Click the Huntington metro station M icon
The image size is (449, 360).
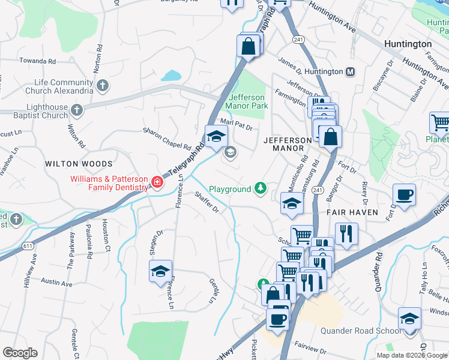[x=351, y=71]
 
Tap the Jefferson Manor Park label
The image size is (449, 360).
[x=246, y=101]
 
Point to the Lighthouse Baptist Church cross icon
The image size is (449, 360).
[x=76, y=110]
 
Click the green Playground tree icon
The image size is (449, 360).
[x=261, y=189]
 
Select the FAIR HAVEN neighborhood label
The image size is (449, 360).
[x=352, y=212]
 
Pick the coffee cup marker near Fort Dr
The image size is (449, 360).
[x=404, y=195]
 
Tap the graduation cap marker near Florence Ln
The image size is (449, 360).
[x=161, y=271]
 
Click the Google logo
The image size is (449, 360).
[x=20, y=353]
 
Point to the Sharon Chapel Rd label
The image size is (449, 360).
[x=166, y=138]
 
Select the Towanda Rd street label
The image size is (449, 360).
[x=37, y=61]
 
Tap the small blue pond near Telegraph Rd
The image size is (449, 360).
[x=171, y=76]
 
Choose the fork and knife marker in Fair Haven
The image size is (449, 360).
[x=346, y=233]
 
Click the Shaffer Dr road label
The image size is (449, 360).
[x=206, y=202]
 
